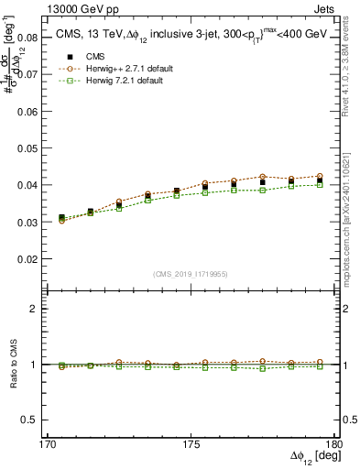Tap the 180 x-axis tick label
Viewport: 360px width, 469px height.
(336, 443)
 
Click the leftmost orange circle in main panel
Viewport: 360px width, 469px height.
(61, 221)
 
